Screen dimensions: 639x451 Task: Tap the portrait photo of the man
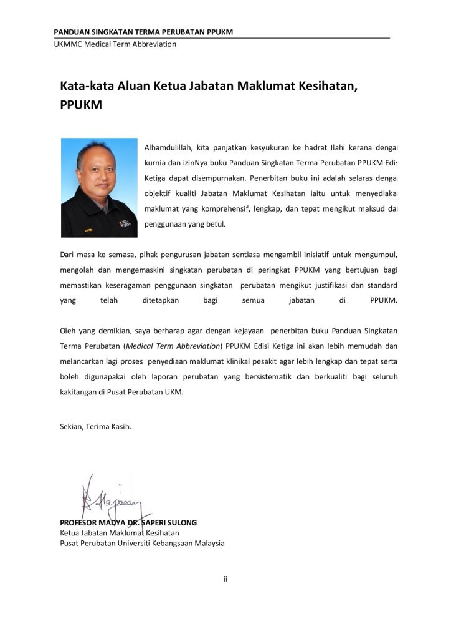[99, 187]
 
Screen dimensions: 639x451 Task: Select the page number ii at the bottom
[225, 579]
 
